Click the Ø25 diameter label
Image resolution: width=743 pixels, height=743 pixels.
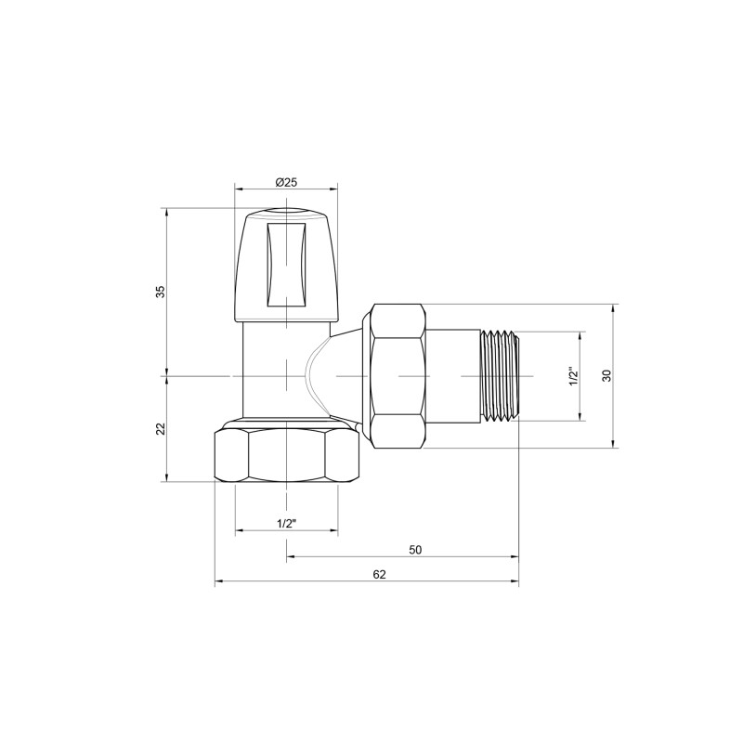coord(286,181)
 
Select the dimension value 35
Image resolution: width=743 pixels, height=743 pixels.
coord(160,291)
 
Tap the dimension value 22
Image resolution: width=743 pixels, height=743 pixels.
coord(160,428)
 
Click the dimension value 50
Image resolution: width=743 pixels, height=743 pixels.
coord(415,549)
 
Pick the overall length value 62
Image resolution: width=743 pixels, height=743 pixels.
coord(379,574)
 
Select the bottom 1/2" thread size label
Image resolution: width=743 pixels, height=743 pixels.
coord(286,523)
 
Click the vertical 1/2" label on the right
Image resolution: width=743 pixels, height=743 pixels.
coord(573,376)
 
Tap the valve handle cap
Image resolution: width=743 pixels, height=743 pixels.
coord(286,265)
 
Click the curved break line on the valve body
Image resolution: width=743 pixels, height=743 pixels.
coord(314,371)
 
